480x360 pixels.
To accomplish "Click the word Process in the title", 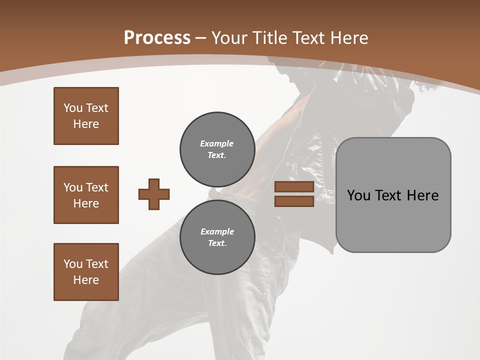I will click(157, 38).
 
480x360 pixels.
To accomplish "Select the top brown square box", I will click(86, 116).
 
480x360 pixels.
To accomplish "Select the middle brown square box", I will click(86, 195).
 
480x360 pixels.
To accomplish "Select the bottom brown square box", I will click(86, 272).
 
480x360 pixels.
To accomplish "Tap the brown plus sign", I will click(154, 194).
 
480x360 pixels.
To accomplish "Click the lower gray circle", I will click(217, 237).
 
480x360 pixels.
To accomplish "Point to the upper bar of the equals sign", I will click(294, 187).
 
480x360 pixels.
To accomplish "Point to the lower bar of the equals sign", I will click(294, 201).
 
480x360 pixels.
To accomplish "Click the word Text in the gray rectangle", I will click(389, 195).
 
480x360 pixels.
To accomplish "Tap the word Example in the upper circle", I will click(216, 143).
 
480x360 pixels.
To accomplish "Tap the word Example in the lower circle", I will click(217, 231).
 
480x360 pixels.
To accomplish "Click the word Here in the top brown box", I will click(86, 124).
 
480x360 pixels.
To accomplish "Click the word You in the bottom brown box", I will click(73, 264).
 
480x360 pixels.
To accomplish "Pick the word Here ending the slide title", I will click(348, 38).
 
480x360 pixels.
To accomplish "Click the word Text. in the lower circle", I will click(217, 243).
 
